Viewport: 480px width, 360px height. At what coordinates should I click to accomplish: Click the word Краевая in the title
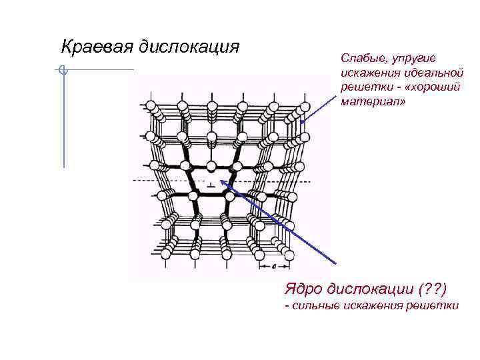pyautogui.click(x=97, y=47)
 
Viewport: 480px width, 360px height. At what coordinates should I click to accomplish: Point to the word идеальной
pyautogui.click(x=435, y=73)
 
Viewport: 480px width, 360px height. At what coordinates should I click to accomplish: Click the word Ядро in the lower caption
pyautogui.click(x=303, y=289)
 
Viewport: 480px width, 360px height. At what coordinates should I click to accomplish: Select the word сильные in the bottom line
pyautogui.click(x=316, y=305)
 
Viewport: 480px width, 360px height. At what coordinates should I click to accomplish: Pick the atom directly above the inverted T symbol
pyautogui.click(x=211, y=165)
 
